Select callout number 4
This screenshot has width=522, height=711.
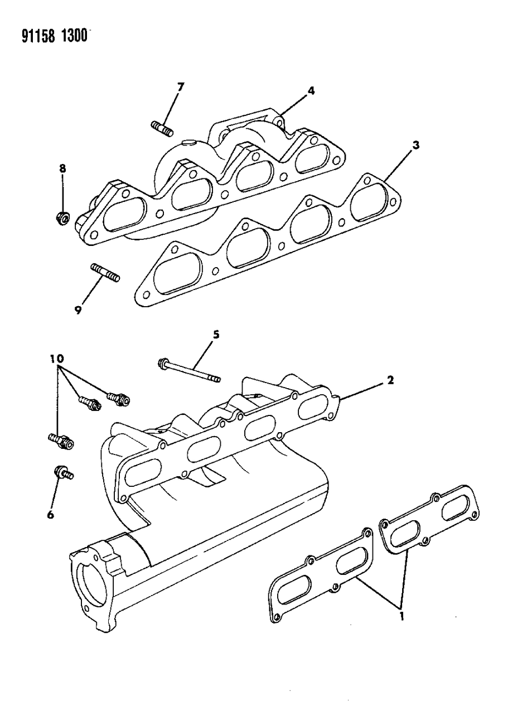pos(311,90)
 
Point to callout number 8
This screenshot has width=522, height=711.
pos(62,167)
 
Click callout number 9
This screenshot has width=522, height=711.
pos(79,310)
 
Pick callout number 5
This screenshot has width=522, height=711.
pos(215,335)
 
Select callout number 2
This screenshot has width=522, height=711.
pos(390,380)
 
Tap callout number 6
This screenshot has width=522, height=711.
pos(50,515)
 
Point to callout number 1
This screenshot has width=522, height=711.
pos(401,617)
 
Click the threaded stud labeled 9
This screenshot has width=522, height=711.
pos(104,274)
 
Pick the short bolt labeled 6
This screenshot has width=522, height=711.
pos(62,473)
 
